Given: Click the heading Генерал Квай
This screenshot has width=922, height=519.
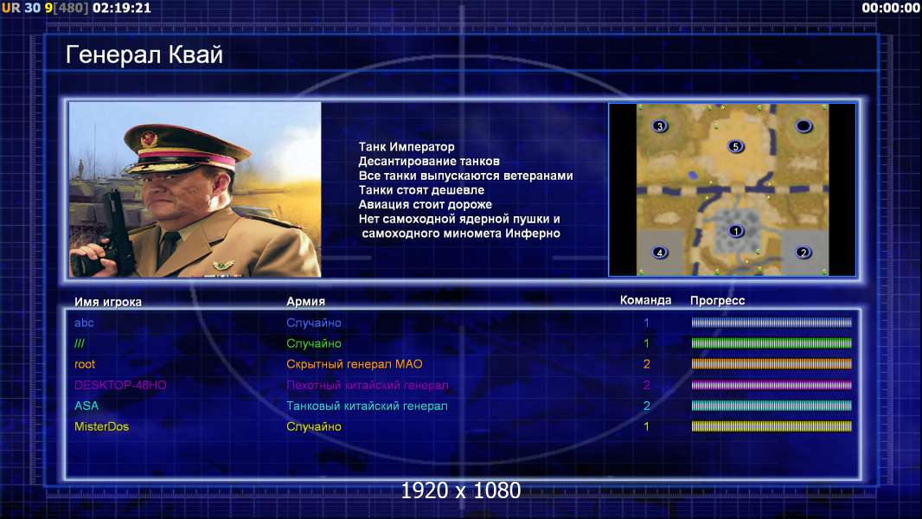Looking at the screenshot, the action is (x=144, y=54).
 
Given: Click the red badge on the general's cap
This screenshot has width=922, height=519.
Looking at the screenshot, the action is (x=149, y=138).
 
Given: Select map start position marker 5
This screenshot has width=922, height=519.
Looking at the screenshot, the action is (x=735, y=146).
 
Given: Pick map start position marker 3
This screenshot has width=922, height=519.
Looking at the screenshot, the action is (x=660, y=125).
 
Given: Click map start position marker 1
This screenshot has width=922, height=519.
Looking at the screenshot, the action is (x=735, y=231).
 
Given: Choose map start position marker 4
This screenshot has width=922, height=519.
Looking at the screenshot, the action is (x=660, y=253).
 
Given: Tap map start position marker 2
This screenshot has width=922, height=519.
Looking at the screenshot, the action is (x=804, y=253).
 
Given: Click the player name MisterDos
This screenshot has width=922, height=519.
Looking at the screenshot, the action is (x=101, y=426).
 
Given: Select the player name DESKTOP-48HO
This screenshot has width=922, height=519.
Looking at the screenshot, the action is (x=120, y=385).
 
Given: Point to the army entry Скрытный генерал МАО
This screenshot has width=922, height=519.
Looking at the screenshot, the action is (x=354, y=364).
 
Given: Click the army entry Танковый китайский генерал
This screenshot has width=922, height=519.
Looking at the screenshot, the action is (x=367, y=407).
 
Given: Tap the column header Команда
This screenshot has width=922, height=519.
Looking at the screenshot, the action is (x=645, y=300).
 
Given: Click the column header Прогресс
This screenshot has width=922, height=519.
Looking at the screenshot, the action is (x=717, y=301).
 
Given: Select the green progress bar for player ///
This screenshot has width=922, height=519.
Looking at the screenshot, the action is (x=772, y=343).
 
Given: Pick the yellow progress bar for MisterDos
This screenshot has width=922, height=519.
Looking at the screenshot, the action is (x=772, y=426).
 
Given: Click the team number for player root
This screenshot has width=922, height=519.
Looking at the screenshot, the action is (x=646, y=364).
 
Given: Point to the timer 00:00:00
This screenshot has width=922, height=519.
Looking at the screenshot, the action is (x=891, y=9).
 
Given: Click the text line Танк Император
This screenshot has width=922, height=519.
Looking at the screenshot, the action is (x=407, y=147).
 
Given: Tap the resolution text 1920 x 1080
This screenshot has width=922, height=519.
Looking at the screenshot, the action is (x=460, y=490).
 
